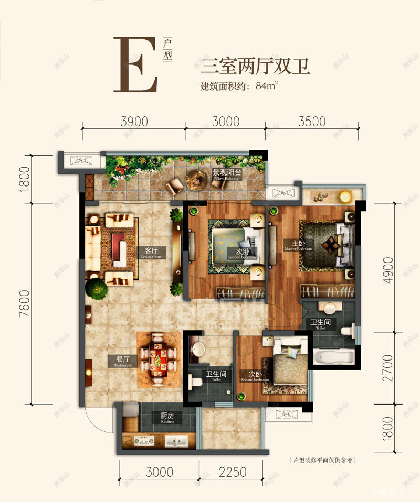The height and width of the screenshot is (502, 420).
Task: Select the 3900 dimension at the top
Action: [x=134, y=122]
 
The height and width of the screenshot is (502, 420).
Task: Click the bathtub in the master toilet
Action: [x=334, y=358]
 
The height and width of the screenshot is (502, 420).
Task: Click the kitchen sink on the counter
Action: [x=176, y=441]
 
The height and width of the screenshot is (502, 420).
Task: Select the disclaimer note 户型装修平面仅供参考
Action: [x=322, y=460]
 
